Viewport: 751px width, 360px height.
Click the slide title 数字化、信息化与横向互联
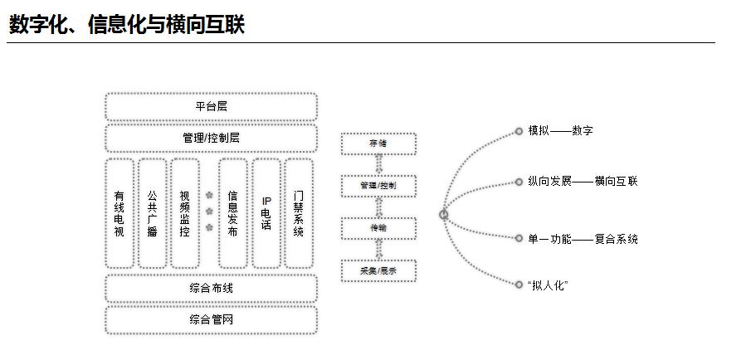[127, 25]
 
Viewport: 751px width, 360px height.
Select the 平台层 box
[211, 107]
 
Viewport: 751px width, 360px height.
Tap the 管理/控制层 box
[211, 138]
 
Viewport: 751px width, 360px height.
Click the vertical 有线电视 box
[119, 213]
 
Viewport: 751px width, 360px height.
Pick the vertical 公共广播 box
[152, 213]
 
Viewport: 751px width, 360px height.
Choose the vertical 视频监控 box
[184, 213]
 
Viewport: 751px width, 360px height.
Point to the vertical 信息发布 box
[233, 213]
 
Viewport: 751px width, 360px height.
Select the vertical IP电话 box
[266, 213]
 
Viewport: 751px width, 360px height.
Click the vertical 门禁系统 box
[299, 213]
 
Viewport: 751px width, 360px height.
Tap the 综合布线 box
[211, 289]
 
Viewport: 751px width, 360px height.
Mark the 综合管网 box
[211, 319]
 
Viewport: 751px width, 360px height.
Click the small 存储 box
[378, 144]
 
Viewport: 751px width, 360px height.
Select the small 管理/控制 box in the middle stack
[378, 185]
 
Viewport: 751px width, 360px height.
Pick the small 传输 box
[378, 227]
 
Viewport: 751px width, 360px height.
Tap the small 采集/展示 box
[378, 270]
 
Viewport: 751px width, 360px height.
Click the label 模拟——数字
[560, 131]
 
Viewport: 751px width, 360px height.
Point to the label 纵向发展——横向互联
[583, 181]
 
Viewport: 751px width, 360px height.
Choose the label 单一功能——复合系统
[583, 239]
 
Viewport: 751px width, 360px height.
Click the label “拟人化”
[548, 285]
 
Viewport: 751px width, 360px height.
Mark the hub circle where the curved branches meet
[444, 215]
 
